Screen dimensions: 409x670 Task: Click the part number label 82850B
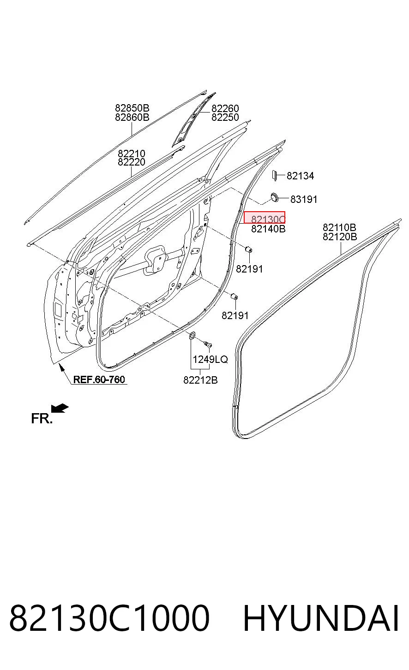point(132,108)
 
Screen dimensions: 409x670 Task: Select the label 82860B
point(132,117)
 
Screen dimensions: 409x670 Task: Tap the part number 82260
point(225,108)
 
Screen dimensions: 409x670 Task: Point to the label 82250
point(225,117)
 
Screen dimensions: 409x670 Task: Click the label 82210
point(132,154)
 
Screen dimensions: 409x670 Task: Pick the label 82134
point(301,176)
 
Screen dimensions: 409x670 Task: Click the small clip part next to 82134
point(274,176)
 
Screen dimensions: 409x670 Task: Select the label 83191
point(304,199)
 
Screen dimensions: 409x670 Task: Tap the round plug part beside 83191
point(274,197)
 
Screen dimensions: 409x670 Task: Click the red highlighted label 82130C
point(265,218)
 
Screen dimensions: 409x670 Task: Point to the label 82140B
point(268,229)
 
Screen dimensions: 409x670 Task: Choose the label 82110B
point(340,227)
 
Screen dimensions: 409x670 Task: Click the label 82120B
point(340,237)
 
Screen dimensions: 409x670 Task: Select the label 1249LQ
point(210,359)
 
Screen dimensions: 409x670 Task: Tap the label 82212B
point(200,380)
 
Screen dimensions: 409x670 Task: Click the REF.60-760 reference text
point(99,379)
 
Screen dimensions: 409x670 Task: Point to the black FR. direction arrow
point(60,408)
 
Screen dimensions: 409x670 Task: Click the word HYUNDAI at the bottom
point(321,618)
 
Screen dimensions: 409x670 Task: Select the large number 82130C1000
point(109,618)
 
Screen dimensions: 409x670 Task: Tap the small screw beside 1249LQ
point(207,344)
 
